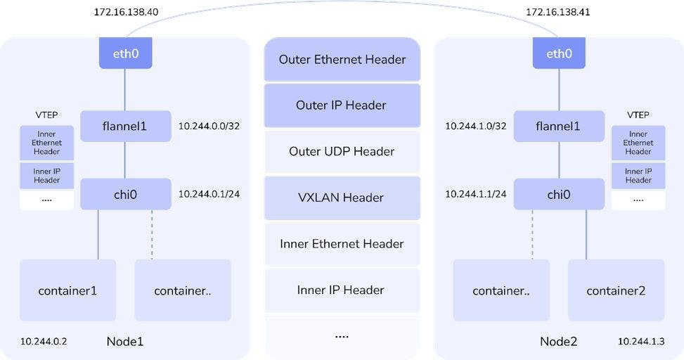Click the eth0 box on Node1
pos(126,53)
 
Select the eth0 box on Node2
pos(559,53)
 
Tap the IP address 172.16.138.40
pos(125,13)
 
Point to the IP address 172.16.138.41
pos(558,13)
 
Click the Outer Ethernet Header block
pos(342,60)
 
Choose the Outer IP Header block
pos(342,105)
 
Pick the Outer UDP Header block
pos(342,152)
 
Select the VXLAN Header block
pos(342,198)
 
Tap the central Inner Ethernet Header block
pos(342,244)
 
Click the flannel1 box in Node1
pos(126,127)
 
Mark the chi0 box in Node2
pos(559,194)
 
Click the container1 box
pos(67,290)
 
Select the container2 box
pos(616,290)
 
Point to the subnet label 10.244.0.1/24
pos(209,194)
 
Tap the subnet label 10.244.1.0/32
pos(476,127)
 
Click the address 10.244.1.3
pos(641,341)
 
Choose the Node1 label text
pos(125,342)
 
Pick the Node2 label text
pos(558,342)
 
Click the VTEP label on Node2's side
pos(638,115)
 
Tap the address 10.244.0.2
pos(44,341)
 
